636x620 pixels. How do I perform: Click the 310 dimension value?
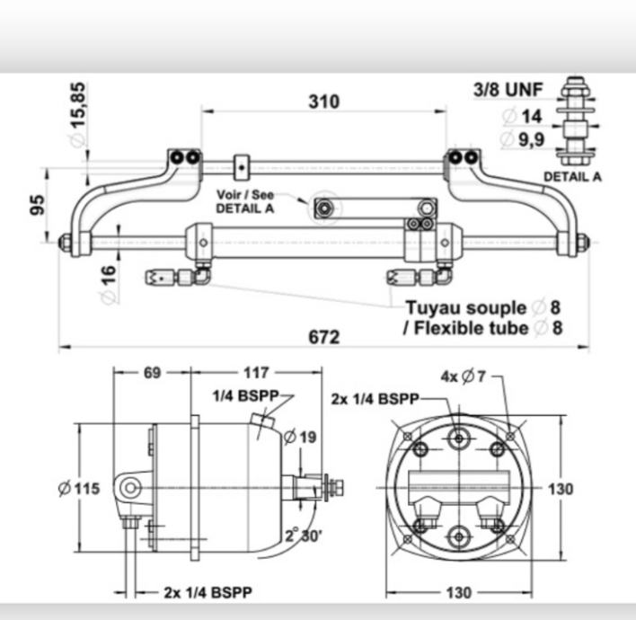coord(323,102)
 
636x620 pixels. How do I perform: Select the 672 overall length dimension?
coord(323,337)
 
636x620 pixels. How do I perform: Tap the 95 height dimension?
coord(38,205)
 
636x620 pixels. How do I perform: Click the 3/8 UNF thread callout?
coord(508,90)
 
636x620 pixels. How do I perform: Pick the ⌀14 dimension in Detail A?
coord(522,117)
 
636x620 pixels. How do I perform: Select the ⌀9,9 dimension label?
coord(522,139)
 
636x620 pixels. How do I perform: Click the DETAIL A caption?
coord(572,176)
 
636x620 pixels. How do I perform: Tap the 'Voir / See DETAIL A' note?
coord(245,201)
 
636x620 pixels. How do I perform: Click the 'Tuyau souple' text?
coord(466,308)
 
